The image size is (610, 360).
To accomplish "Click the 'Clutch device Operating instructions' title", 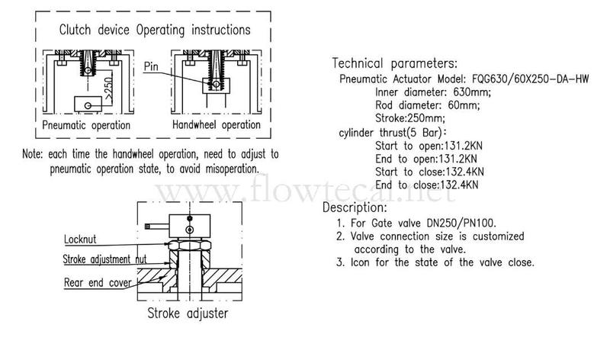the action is point(155,30).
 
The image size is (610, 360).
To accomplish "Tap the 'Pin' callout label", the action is point(151,66).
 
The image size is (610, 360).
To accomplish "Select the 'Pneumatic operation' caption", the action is point(86,125).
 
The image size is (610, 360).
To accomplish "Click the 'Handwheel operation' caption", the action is point(217,125).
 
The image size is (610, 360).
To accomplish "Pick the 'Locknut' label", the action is point(80,239).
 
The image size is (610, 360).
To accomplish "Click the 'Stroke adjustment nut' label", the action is point(104,259).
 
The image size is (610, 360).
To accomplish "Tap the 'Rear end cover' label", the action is point(98,282).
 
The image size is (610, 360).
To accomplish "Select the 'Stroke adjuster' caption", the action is point(188,313).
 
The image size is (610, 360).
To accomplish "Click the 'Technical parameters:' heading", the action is point(395,63).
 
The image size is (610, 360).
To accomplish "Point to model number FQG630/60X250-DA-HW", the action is point(530,79).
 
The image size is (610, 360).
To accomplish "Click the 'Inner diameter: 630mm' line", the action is point(433,92).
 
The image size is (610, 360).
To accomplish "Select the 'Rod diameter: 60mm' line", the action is point(428,105).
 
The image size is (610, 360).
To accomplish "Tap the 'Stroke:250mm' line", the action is point(410,118).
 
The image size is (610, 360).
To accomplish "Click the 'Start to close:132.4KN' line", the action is point(429,172).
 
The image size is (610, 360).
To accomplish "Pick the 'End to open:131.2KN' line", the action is point(426,159).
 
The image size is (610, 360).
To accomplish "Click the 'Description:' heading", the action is point(355,207).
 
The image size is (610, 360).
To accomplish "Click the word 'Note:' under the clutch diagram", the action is point(32,154).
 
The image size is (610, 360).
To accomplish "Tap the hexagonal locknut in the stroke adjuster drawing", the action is point(189,245).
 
